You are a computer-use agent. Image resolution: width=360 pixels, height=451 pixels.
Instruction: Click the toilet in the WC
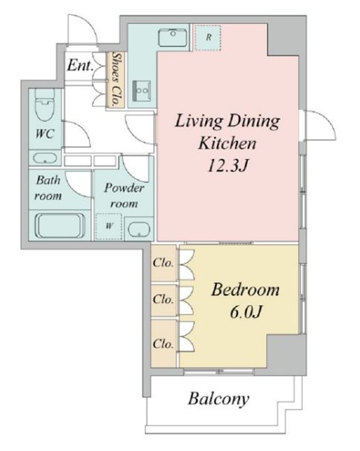click(x=45, y=104)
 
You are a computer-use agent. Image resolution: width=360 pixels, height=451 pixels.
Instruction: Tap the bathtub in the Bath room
click(x=60, y=225)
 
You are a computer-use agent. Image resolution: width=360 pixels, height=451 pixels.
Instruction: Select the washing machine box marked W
click(x=109, y=226)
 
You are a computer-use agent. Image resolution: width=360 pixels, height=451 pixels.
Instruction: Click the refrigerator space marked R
click(x=208, y=38)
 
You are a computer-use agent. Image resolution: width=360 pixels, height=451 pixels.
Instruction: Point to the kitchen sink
click(x=172, y=38)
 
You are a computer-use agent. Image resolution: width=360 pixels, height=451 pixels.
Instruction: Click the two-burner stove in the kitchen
click(x=142, y=91)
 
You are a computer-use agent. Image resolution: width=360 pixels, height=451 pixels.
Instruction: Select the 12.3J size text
click(x=227, y=166)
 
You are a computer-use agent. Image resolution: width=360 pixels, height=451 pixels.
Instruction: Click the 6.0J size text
click(x=246, y=311)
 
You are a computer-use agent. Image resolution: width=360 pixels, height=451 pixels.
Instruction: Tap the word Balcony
click(x=219, y=399)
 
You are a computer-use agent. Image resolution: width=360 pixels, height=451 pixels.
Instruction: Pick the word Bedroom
click(x=245, y=290)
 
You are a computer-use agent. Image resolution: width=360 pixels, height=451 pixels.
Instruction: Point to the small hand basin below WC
click(x=44, y=158)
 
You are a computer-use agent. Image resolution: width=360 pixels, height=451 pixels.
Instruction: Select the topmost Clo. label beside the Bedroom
click(x=163, y=263)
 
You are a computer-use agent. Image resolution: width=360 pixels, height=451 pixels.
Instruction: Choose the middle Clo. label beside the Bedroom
click(x=163, y=299)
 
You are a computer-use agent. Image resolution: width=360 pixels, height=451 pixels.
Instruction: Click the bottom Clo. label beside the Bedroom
click(x=163, y=344)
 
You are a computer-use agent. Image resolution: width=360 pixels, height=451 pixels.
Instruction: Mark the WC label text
click(x=45, y=134)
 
